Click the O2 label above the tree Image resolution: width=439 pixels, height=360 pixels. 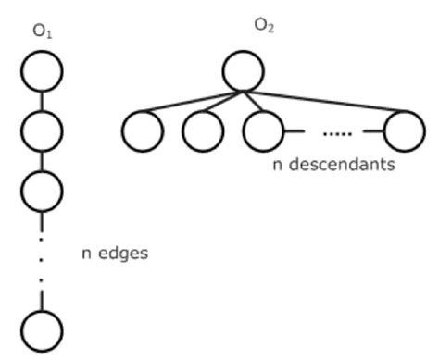pos(266,25)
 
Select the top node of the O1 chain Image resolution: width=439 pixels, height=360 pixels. pos(42,70)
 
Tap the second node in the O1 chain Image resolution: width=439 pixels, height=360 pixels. pos(42,130)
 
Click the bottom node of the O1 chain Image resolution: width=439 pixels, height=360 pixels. pos(42,329)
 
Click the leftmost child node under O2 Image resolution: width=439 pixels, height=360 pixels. pos(143,130)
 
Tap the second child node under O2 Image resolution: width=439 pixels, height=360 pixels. pos(203,130)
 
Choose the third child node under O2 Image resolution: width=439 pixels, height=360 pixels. pos(263,130)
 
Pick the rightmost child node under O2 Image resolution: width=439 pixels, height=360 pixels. pos(404,130)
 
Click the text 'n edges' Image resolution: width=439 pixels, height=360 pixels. pos(114,252)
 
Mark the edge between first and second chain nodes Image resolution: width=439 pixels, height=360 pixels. pos(42,100)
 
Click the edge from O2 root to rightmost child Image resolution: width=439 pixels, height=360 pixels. pos(324,102)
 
